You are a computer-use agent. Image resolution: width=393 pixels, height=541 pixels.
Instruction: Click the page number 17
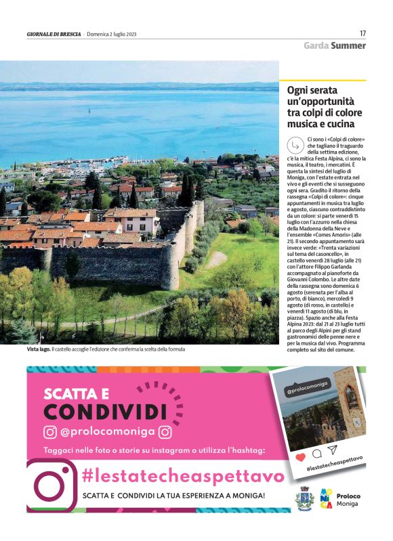363,33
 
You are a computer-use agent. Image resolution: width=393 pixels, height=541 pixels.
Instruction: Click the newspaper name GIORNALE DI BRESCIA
54,34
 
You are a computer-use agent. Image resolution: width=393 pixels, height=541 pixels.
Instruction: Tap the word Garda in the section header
316,46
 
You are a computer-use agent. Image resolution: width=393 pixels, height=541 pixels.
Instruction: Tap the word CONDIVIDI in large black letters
105,411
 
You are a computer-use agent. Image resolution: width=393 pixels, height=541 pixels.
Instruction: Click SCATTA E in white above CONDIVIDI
76,393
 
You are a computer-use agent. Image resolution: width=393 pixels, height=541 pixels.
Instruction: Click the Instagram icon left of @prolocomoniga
50,432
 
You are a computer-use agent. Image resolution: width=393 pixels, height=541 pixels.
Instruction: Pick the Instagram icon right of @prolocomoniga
165,432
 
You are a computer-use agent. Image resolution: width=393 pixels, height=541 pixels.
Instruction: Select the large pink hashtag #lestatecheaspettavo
183,477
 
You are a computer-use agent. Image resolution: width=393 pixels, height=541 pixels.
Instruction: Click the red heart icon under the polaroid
300,458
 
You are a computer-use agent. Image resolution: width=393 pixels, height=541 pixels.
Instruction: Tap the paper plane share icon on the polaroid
331,450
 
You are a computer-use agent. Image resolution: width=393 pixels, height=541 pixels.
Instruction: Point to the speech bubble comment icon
316,454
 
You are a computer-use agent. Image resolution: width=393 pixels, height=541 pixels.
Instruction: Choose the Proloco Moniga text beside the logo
348,500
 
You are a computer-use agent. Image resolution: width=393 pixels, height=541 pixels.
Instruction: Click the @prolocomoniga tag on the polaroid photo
303,391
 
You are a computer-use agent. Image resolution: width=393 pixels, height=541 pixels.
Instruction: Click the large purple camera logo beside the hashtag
51,483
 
